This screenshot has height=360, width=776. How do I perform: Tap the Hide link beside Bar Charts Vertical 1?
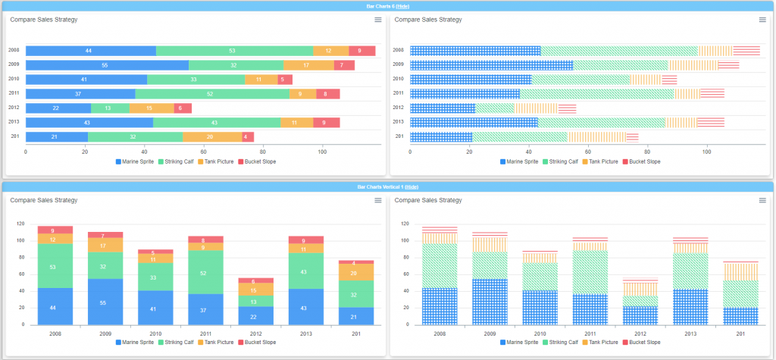411,186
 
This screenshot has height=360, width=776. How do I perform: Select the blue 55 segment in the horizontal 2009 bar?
107,65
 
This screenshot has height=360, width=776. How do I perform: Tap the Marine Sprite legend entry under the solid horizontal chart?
136,161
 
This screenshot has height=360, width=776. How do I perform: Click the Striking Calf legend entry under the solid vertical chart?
176,343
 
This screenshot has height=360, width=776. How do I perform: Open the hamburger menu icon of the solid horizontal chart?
378,20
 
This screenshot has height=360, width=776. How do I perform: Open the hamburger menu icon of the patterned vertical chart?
763,200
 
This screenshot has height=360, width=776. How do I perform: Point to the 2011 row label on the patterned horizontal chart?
399,93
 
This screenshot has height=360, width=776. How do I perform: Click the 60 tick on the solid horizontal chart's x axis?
204,152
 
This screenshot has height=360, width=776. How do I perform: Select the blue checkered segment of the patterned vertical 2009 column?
490,302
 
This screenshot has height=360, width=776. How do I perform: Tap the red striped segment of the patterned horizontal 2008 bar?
746,51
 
